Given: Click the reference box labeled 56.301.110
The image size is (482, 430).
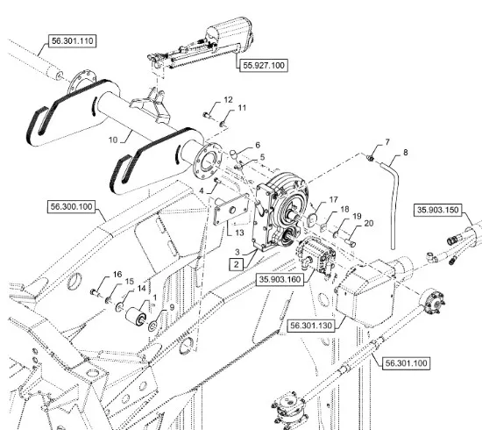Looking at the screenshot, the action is pyautogui.click(x=72, y=41).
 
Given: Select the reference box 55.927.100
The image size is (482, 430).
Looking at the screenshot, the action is pyautogui.click(x=264, y=65).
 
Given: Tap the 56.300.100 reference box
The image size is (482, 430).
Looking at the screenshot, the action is pyautogui.click(x=71, y=206).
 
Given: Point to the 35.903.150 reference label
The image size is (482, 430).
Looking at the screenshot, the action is pyautogui.click(x=437, y=210).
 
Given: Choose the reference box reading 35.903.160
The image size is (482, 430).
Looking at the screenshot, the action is pyautogui.click(x=280, y=279).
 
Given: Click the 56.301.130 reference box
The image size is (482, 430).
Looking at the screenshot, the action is pyautogui.click(x=311, y=326).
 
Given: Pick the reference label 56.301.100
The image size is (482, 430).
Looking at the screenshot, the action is pyautogui.click(x=406, y=363).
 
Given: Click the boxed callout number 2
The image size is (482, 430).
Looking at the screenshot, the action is pyautogui.click(x=236, y=264).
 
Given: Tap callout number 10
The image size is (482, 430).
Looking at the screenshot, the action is pyautogui.click(x=113, y=140).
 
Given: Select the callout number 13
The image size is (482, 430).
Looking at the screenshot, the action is pyautogui.click(x=239, y=233).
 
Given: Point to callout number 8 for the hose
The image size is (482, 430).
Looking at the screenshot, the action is pyautogui.click(x=406, y=153).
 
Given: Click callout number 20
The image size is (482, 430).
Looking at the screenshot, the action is pyautogui.click(x=369, y=224).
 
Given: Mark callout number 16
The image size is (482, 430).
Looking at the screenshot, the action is pyautogui.click(x=117, y=274).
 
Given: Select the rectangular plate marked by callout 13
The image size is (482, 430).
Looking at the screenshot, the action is pyautogui.click(x=231, y=210).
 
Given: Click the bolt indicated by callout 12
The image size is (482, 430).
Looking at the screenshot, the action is pyautogui.click(x=206, y=115).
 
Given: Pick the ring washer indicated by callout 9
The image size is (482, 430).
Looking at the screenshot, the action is pyautogui.click(x=152, y=326).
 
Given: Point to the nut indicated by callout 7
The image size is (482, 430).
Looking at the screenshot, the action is pyautogui.click(x=370, y=158).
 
